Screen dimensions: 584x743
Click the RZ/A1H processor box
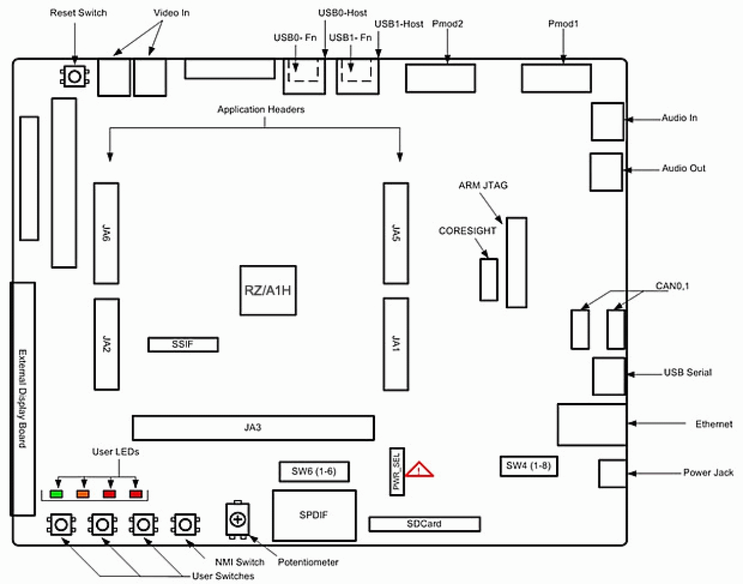tap(268, 290)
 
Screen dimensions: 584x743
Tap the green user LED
tap(57, 493)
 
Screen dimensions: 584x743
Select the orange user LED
tap(83, 493)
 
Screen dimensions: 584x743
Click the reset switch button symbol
tap(75, 76)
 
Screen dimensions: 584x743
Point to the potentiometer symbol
tap(238, 520)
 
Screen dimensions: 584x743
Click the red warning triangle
tap(419, 470)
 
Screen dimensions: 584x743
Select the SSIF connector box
tap(183, 344)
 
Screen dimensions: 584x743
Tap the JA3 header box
tap(253, 427)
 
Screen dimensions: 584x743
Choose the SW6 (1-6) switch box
tap(314, 472)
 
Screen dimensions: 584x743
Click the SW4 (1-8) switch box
tap(528, 466)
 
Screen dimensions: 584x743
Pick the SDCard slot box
tap(424, 524)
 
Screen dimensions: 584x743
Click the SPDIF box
tap(314, 515)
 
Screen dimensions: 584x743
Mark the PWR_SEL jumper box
tap(397, 471)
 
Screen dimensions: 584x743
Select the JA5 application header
tap(396, 233)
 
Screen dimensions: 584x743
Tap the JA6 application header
tap(106, 233)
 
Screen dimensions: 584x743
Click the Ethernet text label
tap(713, 424)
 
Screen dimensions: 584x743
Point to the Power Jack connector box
tap(612, 473)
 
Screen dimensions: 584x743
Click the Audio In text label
tap(679, 118)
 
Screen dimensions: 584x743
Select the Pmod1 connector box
tap(556, 78)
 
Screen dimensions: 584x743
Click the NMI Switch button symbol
tap(185, 524)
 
